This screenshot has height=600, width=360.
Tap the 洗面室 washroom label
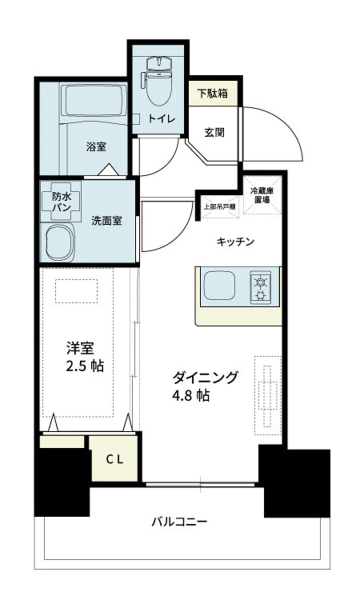(106, 220)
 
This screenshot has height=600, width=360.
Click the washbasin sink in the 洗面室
(59, 242)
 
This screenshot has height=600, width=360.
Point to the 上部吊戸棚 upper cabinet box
(219, 205)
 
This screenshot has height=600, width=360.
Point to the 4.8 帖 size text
(190, 395)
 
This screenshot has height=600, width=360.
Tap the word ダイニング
(204, 377)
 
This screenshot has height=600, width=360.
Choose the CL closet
(114, 459)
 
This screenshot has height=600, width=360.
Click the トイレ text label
(160, 118)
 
